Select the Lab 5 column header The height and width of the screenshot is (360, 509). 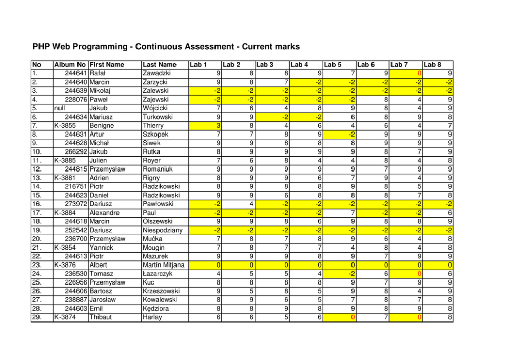click(333, 65)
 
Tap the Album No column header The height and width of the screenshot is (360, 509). click(70, 65)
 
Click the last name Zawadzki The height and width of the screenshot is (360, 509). click(157, 73)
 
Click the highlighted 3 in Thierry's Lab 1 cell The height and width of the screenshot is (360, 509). click(218, 126)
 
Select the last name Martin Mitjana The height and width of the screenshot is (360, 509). click(164, 265)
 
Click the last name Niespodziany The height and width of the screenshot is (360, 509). click(163, 230)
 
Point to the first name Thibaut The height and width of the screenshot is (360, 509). click(103, 317)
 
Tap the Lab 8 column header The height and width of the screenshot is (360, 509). click(433, 65)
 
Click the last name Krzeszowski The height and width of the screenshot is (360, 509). click(161, 291)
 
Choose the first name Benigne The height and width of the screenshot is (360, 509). click(103, 126)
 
